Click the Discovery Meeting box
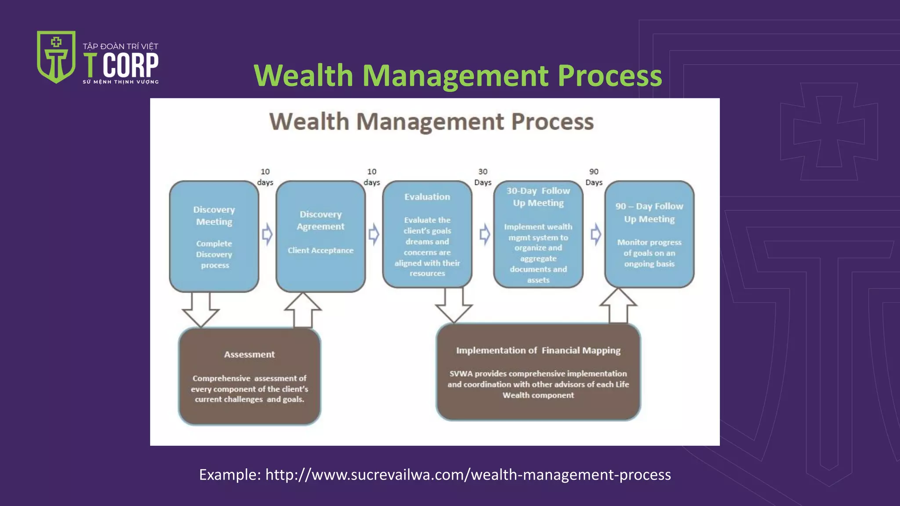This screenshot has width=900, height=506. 214,236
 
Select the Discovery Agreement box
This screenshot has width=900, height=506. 320,236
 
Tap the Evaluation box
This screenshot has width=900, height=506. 427,235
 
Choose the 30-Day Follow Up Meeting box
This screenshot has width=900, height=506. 538,235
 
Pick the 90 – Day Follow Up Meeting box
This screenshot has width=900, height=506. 649,235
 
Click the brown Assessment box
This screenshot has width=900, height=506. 250,376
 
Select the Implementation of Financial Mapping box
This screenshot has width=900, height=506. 538,372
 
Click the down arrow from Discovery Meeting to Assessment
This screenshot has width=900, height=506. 201,309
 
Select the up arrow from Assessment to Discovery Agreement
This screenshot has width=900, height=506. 303,310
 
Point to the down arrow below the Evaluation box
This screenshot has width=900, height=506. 454,305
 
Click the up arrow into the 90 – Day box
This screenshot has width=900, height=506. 618,306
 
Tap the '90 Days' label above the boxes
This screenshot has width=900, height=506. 594,177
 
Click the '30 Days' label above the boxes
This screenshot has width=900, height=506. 483,177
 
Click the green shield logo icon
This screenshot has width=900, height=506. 56,57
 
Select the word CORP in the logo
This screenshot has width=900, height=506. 131,65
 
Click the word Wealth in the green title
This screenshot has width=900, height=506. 303,76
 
